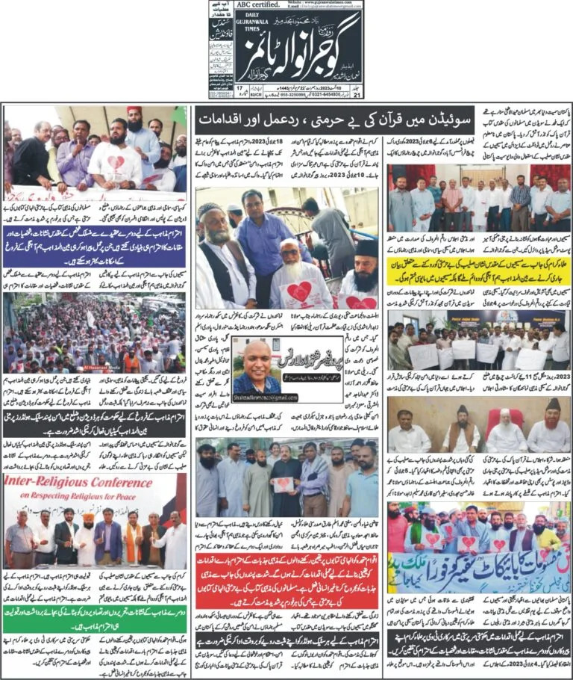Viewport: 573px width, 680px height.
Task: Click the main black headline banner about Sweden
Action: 286,118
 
